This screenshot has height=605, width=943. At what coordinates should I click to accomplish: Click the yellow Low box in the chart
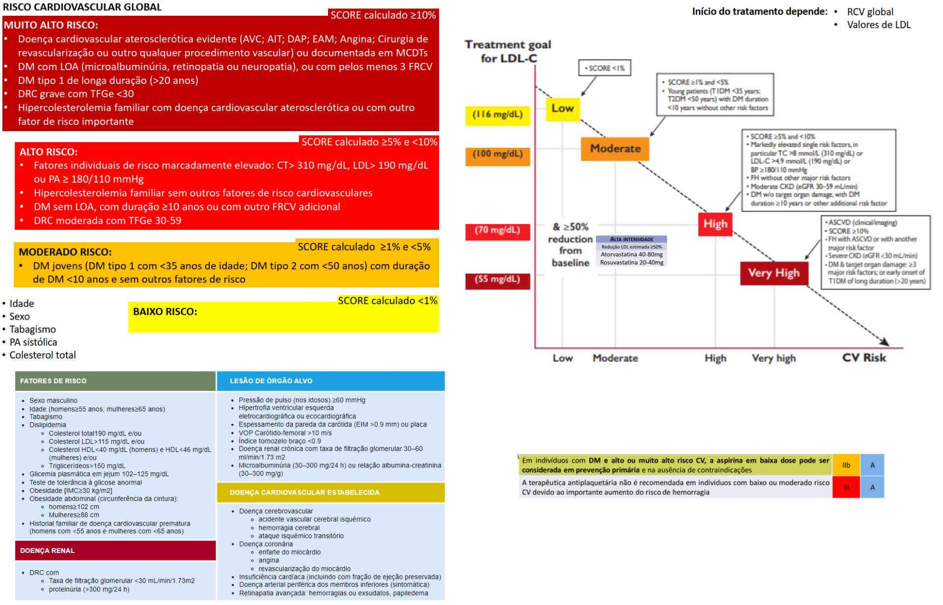click(x=562, y=109)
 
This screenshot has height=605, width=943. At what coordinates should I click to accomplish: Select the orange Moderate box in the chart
click(x=615, y=149)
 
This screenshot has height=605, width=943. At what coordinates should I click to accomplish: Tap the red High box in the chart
click(x=715, y=224)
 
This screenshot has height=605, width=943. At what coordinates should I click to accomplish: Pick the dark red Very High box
click(x=774, y=273)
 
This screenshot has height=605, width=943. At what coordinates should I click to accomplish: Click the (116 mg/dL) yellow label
click(x=498, y=115)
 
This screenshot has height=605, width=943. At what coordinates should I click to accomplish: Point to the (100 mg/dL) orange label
click(x=498, y=155)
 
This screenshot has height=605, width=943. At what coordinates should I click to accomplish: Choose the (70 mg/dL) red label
click(x=498, y=231)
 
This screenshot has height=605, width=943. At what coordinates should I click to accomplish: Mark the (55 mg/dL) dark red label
click(x=498, y=280)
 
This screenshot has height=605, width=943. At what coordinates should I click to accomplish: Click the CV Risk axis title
click(x=864, y=358)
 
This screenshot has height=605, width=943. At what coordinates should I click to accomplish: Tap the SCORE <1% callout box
click(x=604, y=68)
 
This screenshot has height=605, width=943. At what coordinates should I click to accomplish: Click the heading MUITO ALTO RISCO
click(x=51, y=25)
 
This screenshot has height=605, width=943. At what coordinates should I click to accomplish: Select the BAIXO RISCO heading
click(x=165, y=312)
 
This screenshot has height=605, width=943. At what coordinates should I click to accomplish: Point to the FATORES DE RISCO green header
click(x=54, y=381)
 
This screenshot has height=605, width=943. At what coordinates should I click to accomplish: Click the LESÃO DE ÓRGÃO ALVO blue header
click(x=271, y=381)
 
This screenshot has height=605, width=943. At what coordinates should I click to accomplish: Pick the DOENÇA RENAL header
click(x=48, y=551)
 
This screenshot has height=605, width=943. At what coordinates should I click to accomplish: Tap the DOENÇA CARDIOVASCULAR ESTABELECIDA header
click(x=305, y=493)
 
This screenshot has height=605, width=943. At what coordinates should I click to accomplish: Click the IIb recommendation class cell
click(x=846, y=466)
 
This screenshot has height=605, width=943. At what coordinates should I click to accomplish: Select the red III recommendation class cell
click(x=846, y=488)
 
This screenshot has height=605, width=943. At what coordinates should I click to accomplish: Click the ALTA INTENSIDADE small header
click(x=632, y=240)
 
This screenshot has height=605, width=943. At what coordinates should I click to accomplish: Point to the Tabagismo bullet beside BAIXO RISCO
click(x=32, y=330)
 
